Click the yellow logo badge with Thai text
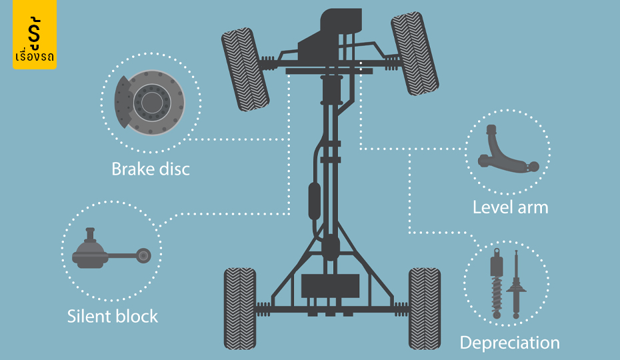pyautogui.click(x=35, y=35)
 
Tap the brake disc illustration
pyautogui.click(x=150, y=103)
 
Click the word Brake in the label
pyautogui.click(x=133, y=169)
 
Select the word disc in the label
pyautogui.click(x=174, y=169)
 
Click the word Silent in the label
pyautogui.click(x=88, y=316)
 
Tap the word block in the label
pyautogui.click(x=136, y=316)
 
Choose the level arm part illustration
pyautogui.click(x=507, y=149)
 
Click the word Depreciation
pyautogui.click(x=510, y=343)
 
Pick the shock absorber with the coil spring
pyautogui.click(x=497, y=283)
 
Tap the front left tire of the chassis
pyautogui.click(x=245, y=69)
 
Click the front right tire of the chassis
pyautogui.click(x=415, y=53)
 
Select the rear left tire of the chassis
pyautogui.click(x=240, y=309)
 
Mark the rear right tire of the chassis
pyautogui.click(x=425, y=309)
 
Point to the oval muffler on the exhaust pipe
pyautogui.click(x=315, y=201)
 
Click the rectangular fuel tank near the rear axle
pyautogui.click(x=331, y=286)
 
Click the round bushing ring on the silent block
pyautogui.click(x=143, y=256)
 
